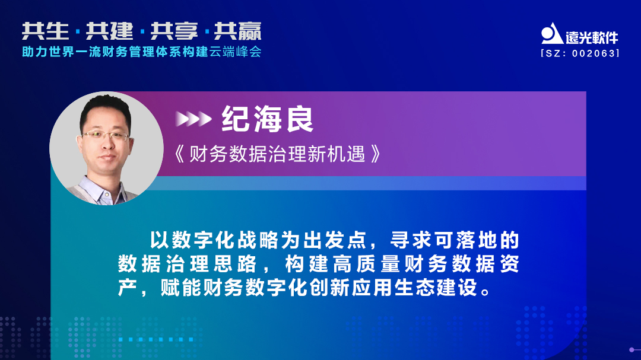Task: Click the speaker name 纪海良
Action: coord(268,119)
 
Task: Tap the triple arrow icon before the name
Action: coord(193,119)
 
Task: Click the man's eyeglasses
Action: coord(105,136)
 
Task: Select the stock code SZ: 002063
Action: coord(580,53)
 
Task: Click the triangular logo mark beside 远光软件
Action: coord(551,34)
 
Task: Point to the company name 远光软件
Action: coord(592,37)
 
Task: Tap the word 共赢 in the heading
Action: coord(237,31)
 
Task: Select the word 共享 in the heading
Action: coord(173,31)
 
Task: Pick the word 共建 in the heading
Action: coord(109,31)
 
